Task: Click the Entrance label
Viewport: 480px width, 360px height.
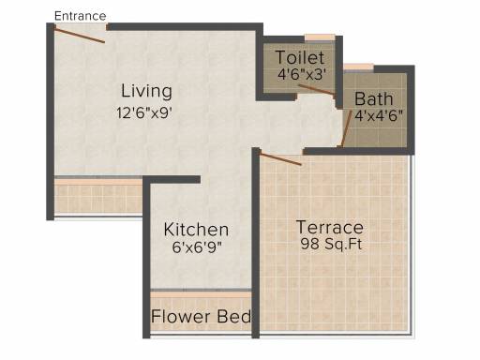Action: click(81, 16)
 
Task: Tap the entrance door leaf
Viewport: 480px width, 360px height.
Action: click(80, 35)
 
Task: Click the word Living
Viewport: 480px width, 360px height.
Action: click(146, 91)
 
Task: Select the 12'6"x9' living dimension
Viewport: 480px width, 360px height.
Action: click(144, 112)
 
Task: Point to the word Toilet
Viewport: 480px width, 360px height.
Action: click(300, 57)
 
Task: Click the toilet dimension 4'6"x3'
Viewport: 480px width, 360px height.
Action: click(302, 75)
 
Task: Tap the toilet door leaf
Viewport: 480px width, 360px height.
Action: click(317, 89)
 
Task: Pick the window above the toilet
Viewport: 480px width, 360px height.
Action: click(320, 37)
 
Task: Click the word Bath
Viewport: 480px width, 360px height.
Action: click(374, 99)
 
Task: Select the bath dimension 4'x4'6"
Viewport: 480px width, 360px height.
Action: click(379, 115)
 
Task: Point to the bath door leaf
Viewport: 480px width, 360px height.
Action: click(347, 128)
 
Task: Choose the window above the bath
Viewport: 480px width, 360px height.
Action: click(359, 67)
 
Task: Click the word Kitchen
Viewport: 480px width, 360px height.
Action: click(196, 230)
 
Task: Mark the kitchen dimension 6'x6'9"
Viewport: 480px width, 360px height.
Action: click(197, 247)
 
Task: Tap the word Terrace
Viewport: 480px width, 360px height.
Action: click(330, 227)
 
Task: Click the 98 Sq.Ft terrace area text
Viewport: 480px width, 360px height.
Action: click(331, 244)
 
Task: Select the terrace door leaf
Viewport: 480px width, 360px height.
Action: click(280, 158)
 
